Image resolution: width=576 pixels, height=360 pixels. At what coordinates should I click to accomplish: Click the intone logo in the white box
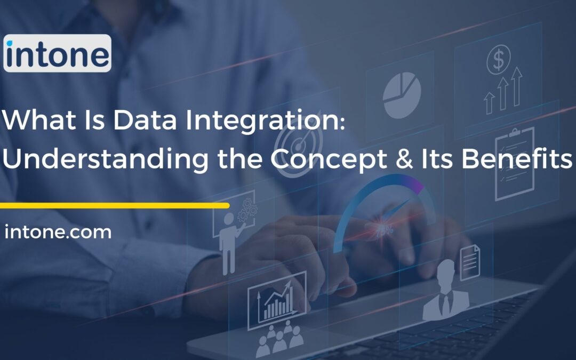click(x=57, y=53)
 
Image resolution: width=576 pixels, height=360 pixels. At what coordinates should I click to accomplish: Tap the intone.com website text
click(x=58, y=233)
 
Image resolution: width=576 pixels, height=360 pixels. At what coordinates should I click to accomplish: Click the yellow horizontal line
click(x=114, y=205)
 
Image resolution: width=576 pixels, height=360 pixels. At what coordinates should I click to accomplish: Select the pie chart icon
click(x=402, y=94)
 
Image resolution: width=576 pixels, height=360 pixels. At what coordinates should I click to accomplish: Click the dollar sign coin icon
click(x=499, y=60)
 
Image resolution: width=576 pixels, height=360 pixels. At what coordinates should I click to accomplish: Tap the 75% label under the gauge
click(x=386, y=230)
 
